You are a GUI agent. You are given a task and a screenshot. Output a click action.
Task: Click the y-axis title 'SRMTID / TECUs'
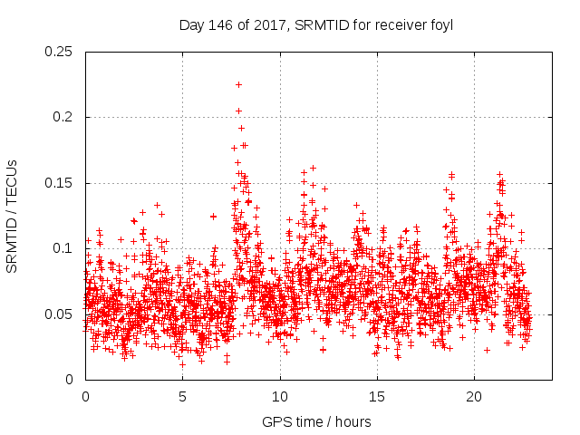(12, 216)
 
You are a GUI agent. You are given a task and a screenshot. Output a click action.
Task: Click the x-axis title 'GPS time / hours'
(316, 421)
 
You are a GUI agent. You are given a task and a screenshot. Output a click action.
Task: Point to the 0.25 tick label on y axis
(60, 52)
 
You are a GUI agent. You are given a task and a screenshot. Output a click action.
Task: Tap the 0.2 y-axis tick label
(63, 117)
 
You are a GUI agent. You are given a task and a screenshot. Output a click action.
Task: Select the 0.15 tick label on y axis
(60, 183)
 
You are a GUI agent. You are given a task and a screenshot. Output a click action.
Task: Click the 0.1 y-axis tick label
(63, 248)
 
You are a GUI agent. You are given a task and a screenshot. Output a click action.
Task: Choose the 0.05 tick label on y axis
(60, 314)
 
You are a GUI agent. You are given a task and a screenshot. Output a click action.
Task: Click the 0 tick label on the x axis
(85, 397)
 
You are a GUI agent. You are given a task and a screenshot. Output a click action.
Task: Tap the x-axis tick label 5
(182, 397)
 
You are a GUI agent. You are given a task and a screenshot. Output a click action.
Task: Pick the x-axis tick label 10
(280, 397)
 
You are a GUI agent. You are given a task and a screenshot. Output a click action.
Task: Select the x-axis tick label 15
(377, 397)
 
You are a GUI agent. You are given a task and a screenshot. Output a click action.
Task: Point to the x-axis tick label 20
(474, 397)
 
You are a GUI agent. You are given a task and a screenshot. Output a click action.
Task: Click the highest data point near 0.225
(238, 84)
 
